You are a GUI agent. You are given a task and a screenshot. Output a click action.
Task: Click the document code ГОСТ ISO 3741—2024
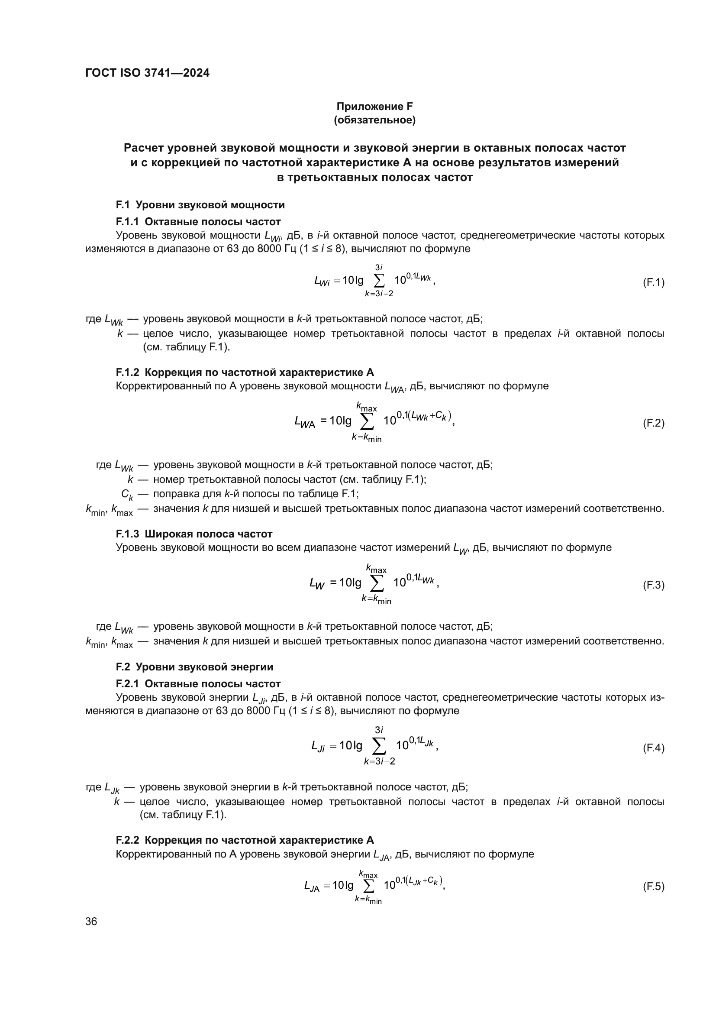pos(147,73)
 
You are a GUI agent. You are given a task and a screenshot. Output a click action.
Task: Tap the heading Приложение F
pos(374,107)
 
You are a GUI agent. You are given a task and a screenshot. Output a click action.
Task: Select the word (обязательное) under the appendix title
pos(374,120)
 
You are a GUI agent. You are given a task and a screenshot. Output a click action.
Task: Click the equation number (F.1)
pos(653,282)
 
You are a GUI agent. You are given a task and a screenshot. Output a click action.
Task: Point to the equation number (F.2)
pos(653,424)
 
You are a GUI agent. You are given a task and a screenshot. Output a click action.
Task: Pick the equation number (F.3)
pos(653,586)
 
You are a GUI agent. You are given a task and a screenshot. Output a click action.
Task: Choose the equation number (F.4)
pos(653,748)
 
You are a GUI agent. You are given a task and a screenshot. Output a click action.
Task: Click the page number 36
pos(91,922)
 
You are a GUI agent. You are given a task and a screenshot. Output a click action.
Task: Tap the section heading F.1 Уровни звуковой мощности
pos(200,205)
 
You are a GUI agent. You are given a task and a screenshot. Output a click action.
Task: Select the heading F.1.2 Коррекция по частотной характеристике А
pos(245,372)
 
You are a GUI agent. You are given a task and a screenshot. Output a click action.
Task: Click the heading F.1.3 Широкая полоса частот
pos(194,534)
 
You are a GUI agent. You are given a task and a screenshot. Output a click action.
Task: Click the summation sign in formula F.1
pos(379,281)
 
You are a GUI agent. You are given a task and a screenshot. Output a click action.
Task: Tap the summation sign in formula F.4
pos(379,747)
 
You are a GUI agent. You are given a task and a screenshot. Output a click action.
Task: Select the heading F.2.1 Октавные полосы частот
pos(198,684)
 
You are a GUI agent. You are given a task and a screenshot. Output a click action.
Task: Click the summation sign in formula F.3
pos(376,584)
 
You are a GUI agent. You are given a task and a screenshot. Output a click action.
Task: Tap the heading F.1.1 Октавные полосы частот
pos(198,221)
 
